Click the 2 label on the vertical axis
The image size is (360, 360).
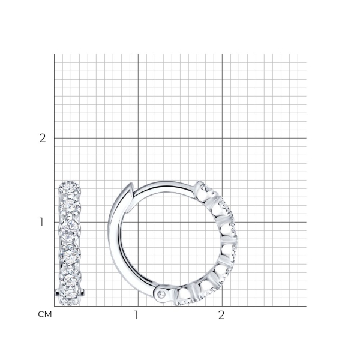[43, 138]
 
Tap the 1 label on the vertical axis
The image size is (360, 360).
[41, 222]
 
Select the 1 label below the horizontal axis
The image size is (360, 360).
[136, 315]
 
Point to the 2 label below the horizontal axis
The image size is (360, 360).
[221, 315]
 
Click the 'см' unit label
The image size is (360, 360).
[45, 314]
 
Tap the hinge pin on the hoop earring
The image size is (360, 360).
[162, 293]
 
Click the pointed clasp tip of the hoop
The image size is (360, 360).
[131, 184]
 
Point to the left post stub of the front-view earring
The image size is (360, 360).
[57, 293]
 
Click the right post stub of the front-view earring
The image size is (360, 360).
[83, 292]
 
